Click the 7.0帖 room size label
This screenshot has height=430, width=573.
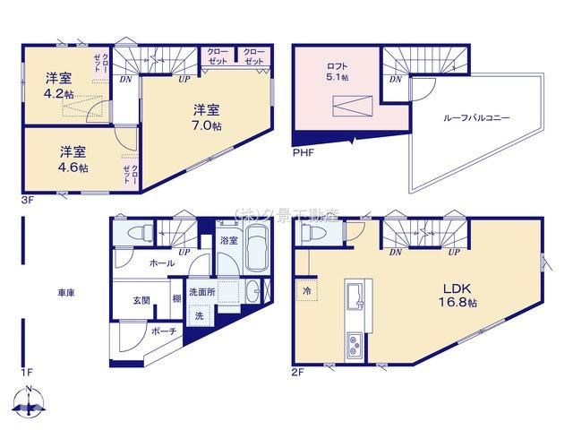205,126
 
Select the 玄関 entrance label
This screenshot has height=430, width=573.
141,301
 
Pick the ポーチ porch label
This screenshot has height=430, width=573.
163,332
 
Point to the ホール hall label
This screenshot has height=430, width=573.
162,263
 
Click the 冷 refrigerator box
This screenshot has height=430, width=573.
306,293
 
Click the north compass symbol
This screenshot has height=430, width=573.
30,404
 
